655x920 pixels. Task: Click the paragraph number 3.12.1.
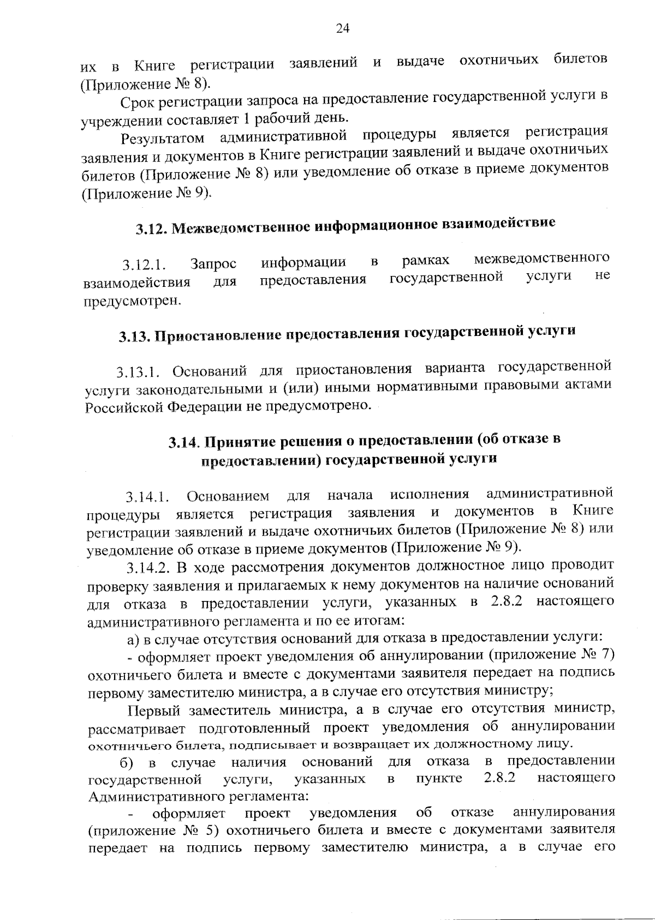[x=143, y=266]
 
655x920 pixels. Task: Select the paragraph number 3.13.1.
[x=137, y=374]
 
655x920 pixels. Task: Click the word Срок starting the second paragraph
[x=137, y=101]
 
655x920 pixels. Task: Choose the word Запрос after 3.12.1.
[x=213, y=264]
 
